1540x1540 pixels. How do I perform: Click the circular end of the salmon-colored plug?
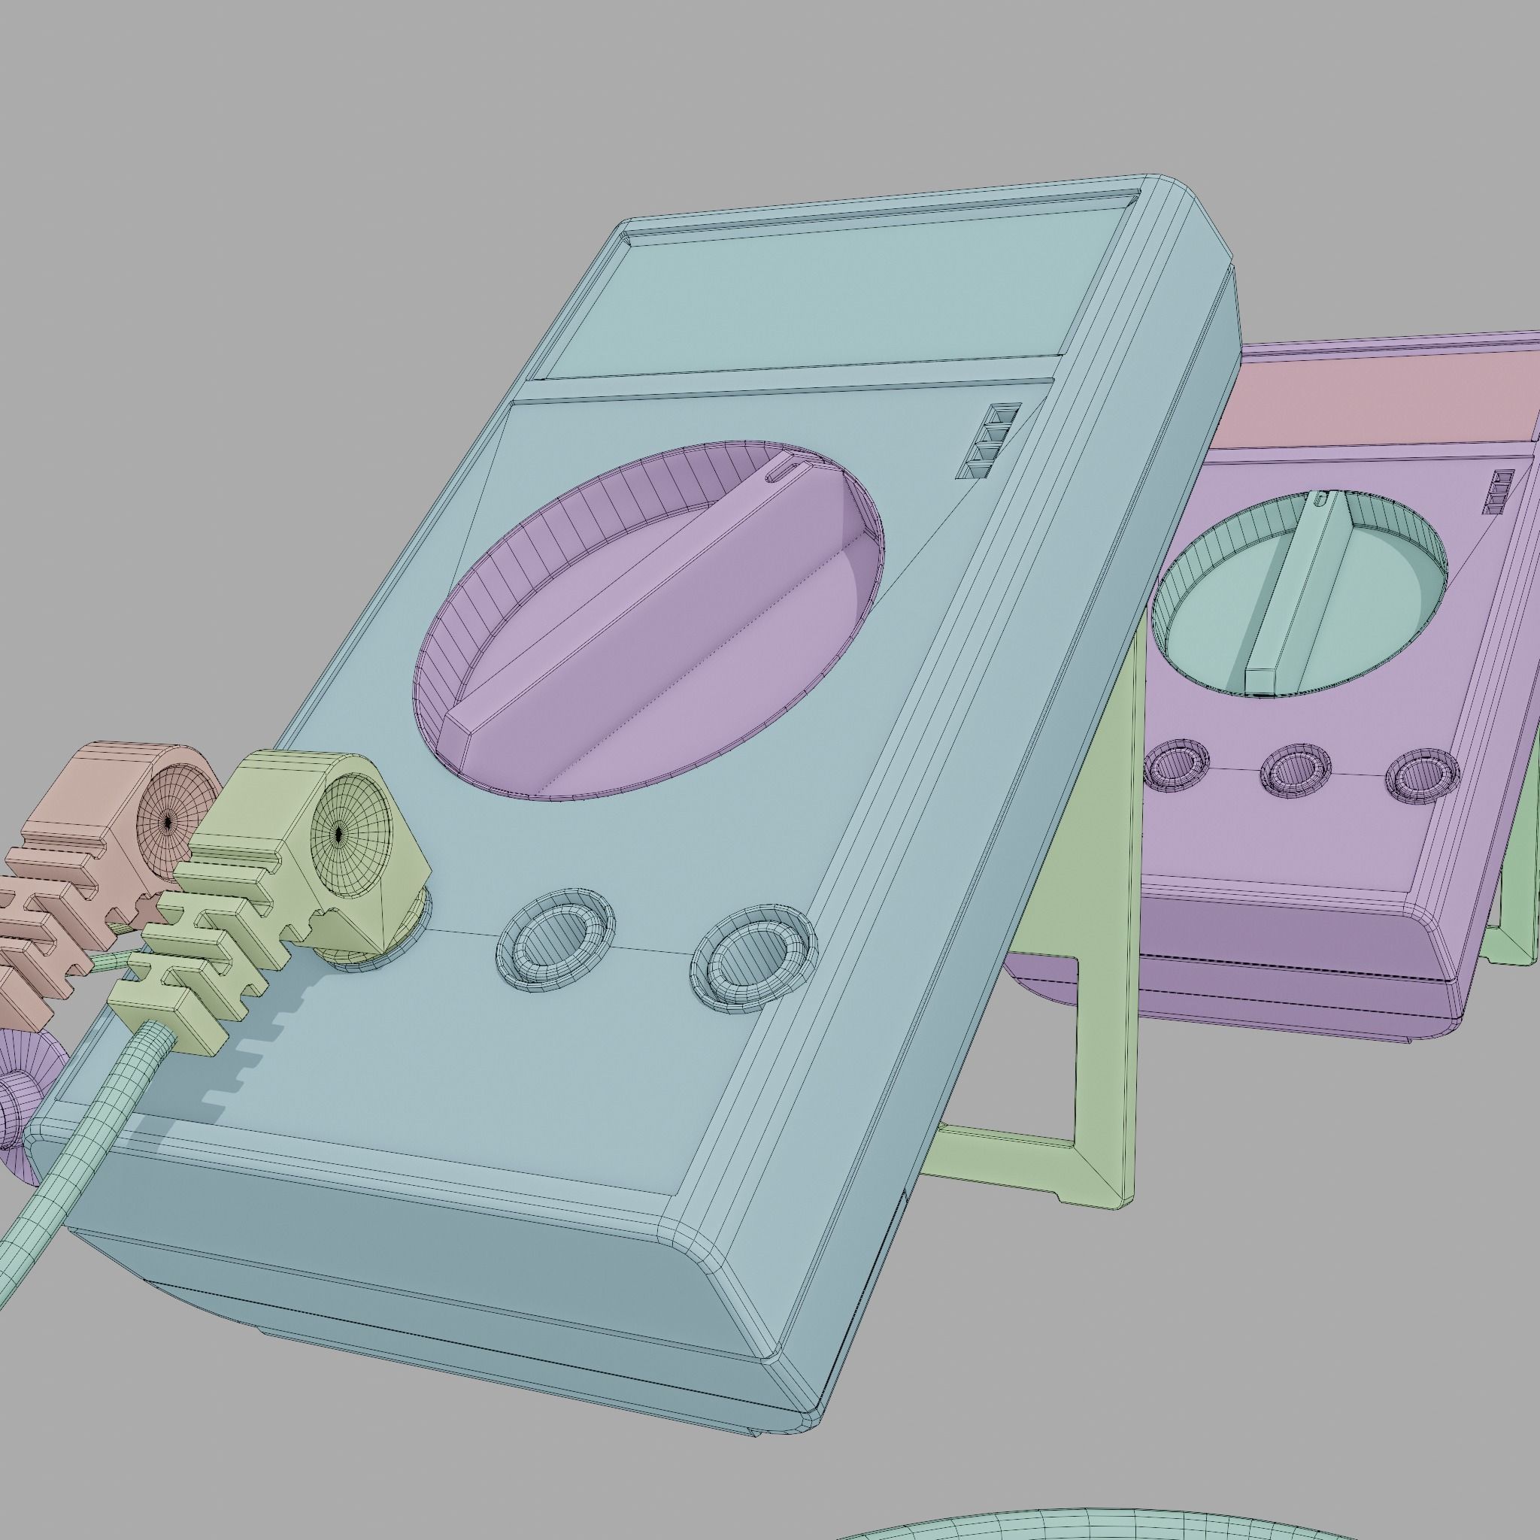(x=170, y=821)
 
